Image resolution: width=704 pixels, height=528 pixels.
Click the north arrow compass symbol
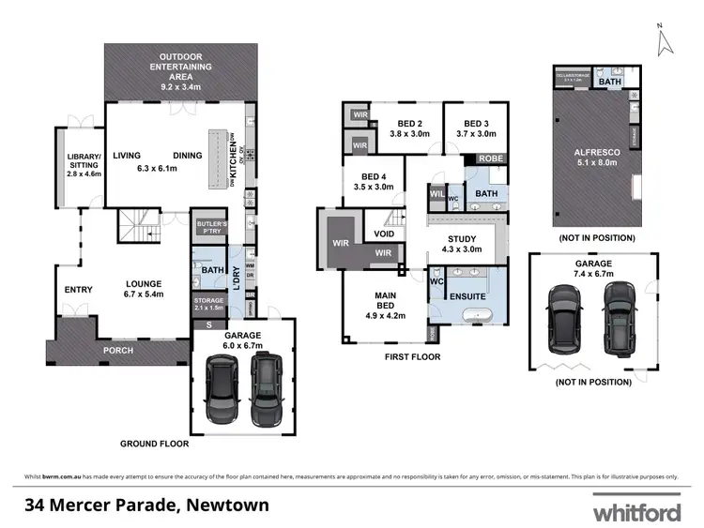[665, 38]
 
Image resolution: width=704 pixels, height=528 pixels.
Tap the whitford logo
[635, 512]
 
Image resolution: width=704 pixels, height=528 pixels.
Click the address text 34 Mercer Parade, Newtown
[147, 505]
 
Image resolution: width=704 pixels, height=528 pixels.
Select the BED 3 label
[474, 128]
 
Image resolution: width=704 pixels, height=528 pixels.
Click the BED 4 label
[373, 182]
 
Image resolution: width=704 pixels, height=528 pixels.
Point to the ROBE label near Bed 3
[490, 158]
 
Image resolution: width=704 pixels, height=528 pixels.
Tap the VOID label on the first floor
[384, 234]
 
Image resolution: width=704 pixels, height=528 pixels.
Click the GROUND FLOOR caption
[154, 443]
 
